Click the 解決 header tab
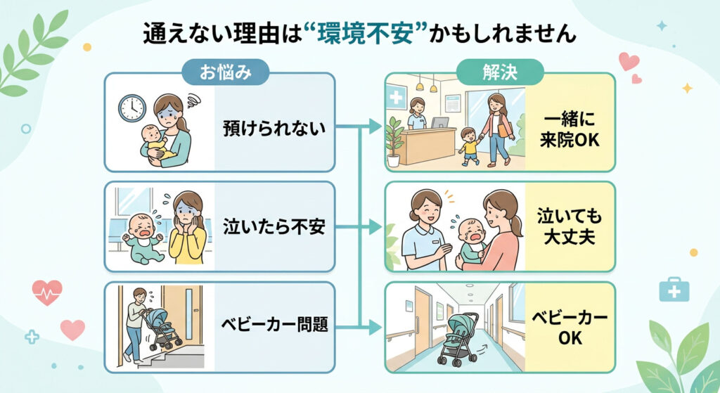[x=500, y=72]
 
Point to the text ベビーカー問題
[x=273, y=326]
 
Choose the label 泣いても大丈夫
[x=570, y=226]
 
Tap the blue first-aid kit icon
[x=673, y=288]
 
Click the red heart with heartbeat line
[x=47, y=292]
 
